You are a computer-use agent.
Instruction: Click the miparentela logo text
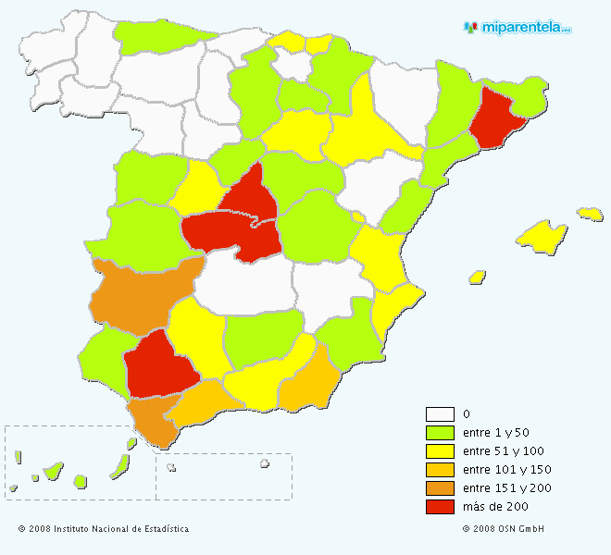[x=523, y=28]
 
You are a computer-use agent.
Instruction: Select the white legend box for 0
[x=440, y=414]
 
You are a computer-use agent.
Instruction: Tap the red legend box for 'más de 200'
[x=440, y=507]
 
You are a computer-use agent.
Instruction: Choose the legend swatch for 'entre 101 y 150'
[x=440, y=470]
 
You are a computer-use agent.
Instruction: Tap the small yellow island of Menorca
[x=590, y=214]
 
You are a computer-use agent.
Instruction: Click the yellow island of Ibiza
[x=478, y=277]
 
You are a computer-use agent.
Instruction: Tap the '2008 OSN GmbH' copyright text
[x=509, y=529]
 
